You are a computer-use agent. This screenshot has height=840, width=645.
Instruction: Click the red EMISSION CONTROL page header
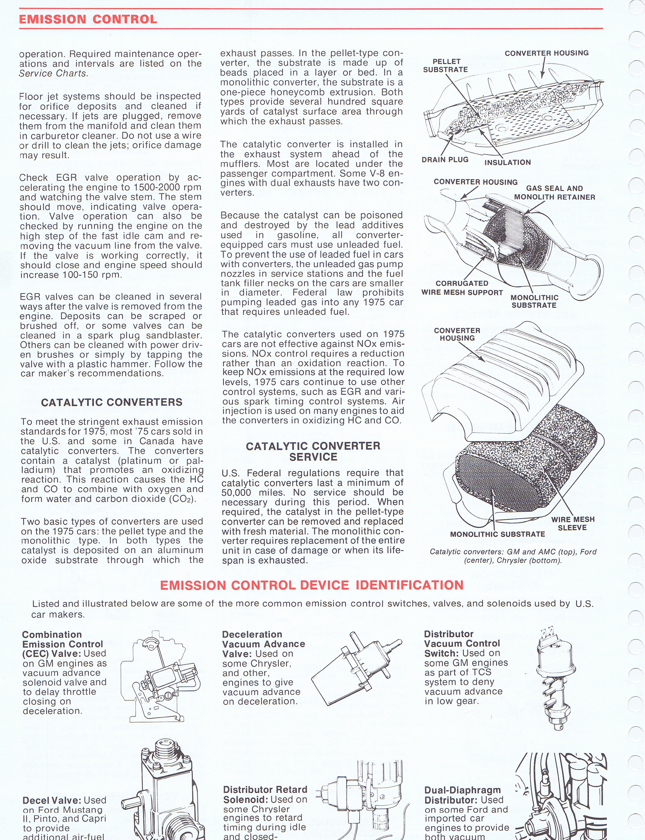point(88,19)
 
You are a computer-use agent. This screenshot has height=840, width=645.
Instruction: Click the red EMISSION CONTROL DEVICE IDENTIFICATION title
point(312,585)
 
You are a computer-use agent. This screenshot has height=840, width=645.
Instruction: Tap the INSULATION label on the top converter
point(508,162)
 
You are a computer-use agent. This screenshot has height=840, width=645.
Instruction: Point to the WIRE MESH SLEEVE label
point(572,523)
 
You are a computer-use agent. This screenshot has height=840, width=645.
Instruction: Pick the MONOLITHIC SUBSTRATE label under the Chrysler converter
point(498,534)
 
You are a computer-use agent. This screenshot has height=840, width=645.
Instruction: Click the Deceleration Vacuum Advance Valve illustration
point(357,670)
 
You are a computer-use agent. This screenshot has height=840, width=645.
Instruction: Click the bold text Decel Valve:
point(52,800)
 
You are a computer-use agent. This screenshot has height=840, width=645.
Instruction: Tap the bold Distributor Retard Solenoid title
point(265,794)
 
